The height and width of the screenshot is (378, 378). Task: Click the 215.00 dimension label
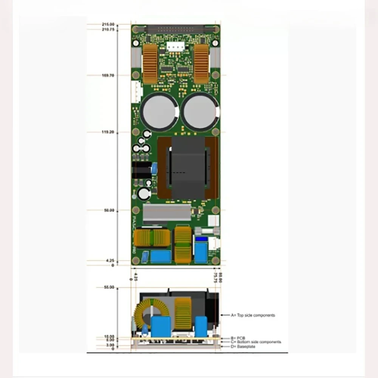(x=108, y=24)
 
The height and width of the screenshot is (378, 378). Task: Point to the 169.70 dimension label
(x=108, y=75)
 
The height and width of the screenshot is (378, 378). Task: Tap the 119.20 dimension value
(x=108, y=132)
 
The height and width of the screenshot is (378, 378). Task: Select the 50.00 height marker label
(x=109, y=210)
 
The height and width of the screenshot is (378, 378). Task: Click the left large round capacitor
(x=159, y=112)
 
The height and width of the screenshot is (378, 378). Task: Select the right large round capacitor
(x=200, y=112)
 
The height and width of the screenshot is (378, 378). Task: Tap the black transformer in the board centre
(x=188, y=167)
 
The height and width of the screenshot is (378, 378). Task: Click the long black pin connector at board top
(x=176, y=28)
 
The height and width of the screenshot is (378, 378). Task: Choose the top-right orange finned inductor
(x=201, y=64)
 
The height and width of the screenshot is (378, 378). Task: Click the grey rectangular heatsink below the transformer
(x=167, y=212)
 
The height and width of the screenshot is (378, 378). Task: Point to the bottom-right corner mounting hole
(x=215, y=260)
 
